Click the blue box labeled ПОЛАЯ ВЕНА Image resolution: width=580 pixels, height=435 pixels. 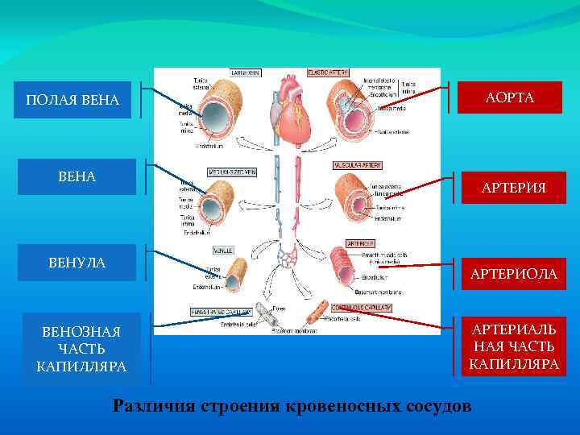72,100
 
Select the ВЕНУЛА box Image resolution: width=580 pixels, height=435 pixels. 77,263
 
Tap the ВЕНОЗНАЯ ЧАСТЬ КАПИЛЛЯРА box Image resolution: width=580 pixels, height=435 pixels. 81,349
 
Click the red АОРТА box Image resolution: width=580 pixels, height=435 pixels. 510,97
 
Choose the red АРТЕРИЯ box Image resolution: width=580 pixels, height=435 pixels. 513,188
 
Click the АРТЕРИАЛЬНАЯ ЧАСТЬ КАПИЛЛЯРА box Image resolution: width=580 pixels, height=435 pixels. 514,347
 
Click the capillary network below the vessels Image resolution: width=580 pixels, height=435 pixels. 288,258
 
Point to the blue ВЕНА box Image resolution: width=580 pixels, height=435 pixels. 77,176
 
